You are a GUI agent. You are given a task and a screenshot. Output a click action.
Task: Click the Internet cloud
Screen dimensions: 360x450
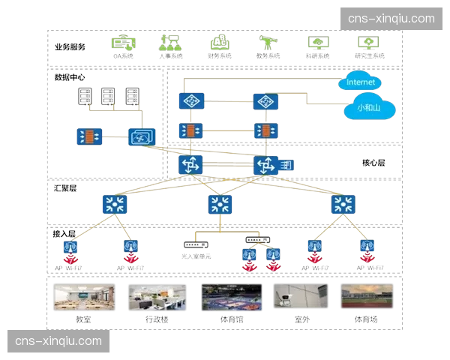pyautogui.click(x=361, y=81)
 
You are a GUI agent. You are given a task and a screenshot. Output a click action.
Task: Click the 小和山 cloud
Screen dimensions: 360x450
pyautogui.click(x=369, y=107)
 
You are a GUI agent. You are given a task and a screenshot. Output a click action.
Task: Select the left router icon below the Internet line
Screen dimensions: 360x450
pyautogui.click(x=189, y=101)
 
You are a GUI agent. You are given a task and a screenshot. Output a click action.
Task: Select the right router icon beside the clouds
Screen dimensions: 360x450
pyautogui.click(x=264, y=101)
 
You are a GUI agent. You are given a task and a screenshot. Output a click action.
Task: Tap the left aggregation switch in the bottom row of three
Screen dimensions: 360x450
pyautogui.click(x=115, y=203)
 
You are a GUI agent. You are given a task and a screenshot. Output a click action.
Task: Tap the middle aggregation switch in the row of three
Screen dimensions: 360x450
pyautogui.click(x=220, y=203)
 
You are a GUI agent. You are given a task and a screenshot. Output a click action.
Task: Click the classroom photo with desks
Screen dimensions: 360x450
pyautogui.click(x=85, y=297)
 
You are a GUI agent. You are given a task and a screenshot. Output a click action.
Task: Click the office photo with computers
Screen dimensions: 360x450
pyautogui.click(x=157, y=297)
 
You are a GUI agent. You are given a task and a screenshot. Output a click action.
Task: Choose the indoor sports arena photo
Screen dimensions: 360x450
pyautogui.click(x=230, y=297)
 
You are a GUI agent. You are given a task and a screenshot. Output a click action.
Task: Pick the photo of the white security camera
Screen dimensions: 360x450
pyautogui.click(x=300, y=297)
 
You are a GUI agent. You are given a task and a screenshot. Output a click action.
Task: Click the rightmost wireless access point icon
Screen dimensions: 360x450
pyautogui.click(x=367, y=247)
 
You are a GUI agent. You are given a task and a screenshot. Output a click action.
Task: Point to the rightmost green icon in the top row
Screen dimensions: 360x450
pyautogui.click(x=367, y=44)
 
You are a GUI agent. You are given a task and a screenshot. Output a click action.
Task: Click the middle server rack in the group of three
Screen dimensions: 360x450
pyautogui.click(x=109, y=97)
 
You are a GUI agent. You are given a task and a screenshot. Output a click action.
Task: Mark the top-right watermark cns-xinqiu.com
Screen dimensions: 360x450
pyautogui.click(x=390, y=19)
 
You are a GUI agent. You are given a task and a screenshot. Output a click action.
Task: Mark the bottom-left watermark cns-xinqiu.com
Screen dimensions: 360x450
pyautogui.click(x=58, y=341)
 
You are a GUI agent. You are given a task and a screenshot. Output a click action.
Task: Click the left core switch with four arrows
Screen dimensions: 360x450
pyautogui.click(x=188, y=165)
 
